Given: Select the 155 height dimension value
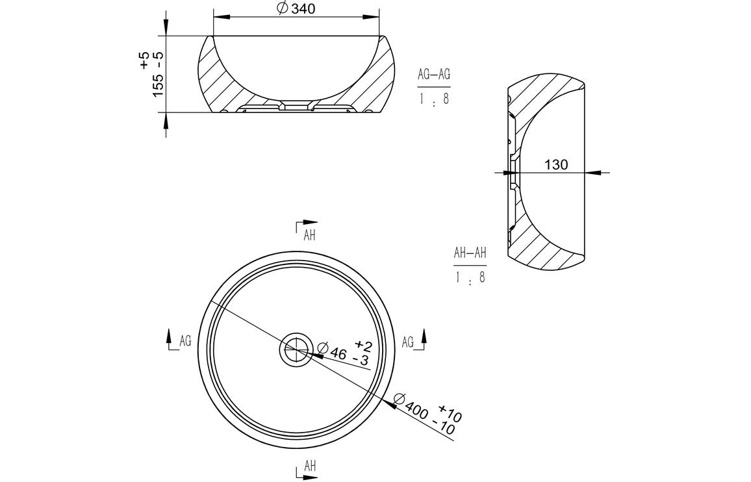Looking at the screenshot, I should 157,84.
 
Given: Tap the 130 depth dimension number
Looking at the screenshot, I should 556,165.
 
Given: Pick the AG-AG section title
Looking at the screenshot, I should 433,75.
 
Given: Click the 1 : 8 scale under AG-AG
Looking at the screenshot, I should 433,99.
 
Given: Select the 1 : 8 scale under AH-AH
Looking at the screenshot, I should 470,277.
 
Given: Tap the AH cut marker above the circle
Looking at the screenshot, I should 307,231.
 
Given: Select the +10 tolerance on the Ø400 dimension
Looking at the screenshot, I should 450,412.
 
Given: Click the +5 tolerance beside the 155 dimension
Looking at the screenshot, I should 144,62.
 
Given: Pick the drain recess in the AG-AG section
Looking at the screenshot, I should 296,105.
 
